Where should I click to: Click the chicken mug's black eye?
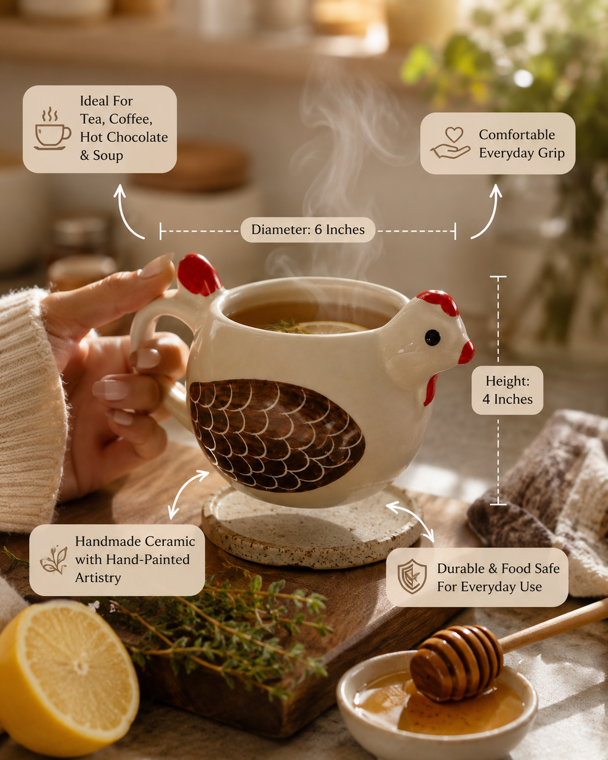432,337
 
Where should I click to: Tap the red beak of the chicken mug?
467,352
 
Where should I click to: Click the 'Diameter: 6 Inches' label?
308,230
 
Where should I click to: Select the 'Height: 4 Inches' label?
507,390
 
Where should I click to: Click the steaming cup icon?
52,128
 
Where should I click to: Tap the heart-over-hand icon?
450,143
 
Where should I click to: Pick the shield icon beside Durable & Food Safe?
412,576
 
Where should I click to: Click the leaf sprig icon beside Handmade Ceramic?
54,560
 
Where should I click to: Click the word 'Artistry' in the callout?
98,578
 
